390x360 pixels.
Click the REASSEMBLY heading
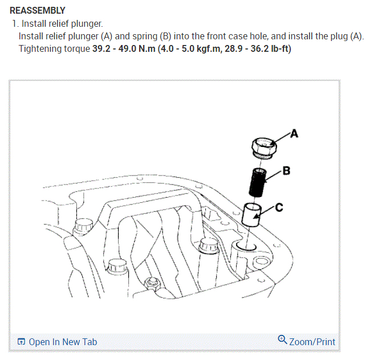pyautogui.click(x=38, y=11)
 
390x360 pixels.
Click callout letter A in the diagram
pyautogui.click(x=294, y=134)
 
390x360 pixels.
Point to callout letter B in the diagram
pyautogui.click(x=287, y=169)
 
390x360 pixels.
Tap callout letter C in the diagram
pyautogui.click(x=279, y=207)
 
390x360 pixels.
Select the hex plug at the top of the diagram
pyautogui.click(x=263, y=147)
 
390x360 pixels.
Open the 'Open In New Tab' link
pyautogui.click(x=63, y=342)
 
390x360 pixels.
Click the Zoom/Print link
pyautogui.click(x=312, y=342)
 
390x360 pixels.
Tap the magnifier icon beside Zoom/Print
pyautogui.click(x=282, y=340)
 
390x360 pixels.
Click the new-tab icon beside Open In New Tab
pyautogui.click(x=21, y=342)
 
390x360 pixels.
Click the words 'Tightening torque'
pyautogui.click(x=55, y=48)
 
